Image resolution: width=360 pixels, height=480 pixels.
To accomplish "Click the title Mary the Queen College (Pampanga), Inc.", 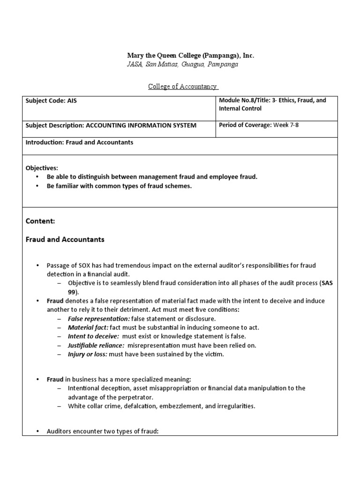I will (x=184, y=55).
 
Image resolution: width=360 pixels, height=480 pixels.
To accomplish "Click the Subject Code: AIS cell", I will (x=51, y=101).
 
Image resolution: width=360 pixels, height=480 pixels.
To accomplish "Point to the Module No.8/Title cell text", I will (x=272, y=104).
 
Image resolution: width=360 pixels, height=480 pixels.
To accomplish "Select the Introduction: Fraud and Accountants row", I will (x=79, y=142).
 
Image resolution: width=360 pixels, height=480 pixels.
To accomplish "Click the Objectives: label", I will (x=42, y=168).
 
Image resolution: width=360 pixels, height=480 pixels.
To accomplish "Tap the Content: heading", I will (x=40, y=220).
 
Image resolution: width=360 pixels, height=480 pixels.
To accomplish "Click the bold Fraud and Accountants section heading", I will (x=65, y=240).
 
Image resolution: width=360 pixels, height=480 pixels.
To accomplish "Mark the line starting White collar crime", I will (x=161, y=406).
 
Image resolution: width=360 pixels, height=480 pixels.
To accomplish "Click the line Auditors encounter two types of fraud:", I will (x=103, y=431).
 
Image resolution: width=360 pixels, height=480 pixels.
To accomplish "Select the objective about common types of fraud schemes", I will (x=119, y=186).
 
